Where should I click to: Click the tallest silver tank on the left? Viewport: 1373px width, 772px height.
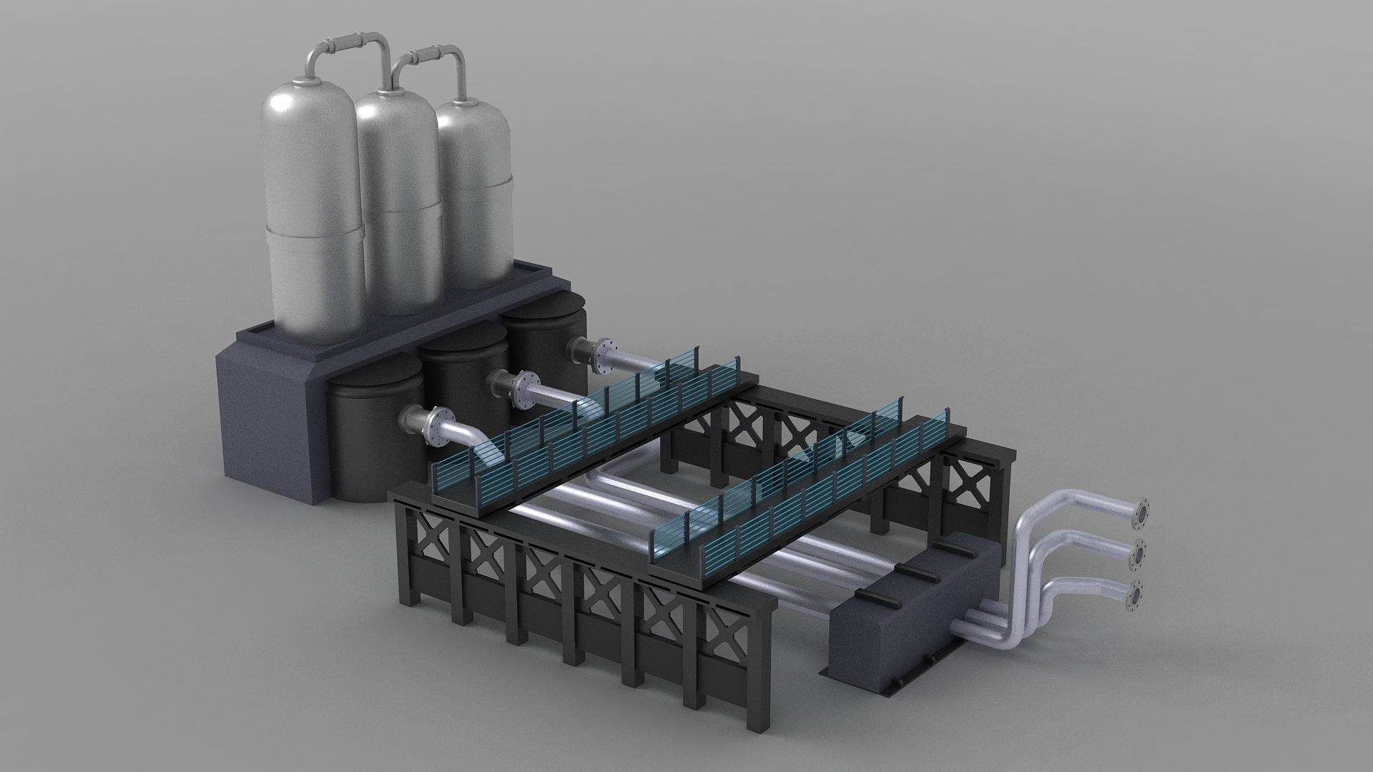[x=311, y=214]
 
